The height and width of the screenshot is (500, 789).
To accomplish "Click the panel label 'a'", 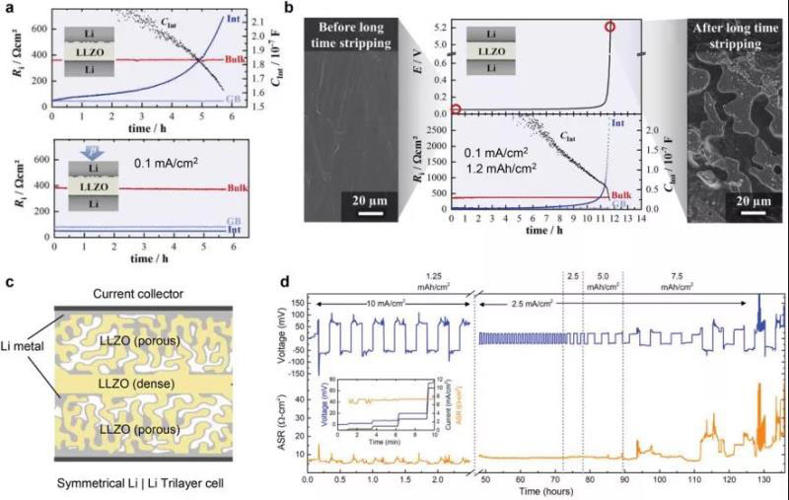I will click(8, 9).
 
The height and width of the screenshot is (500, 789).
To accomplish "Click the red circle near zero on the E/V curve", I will click(456, 109).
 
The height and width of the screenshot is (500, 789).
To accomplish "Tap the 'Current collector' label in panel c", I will click(131, 295).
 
